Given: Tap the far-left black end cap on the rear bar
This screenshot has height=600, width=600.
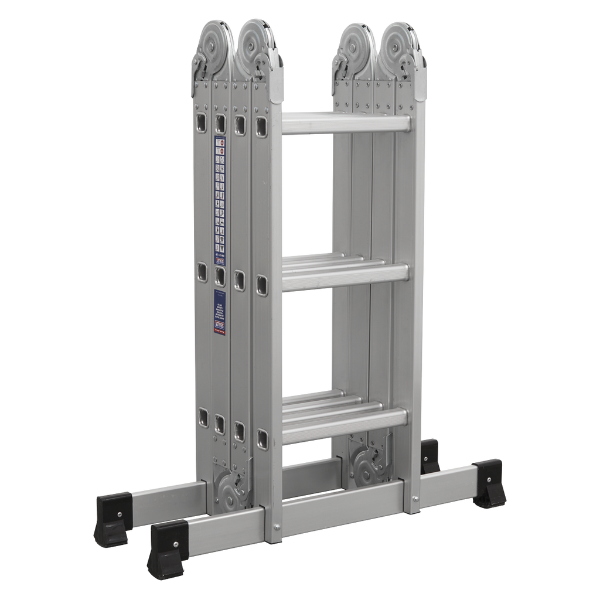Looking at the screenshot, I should tap(111, 518).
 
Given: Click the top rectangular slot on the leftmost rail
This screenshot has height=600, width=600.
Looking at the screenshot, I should tap(202, 122).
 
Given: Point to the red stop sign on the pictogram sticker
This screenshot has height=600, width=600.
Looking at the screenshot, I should tap(220, 151).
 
